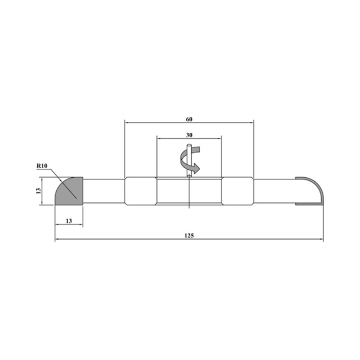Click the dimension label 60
[x=189, y=119]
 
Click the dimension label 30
[x=189, y=135]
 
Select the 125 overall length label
[x=189, y=236]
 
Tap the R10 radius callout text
[x=42, y=165]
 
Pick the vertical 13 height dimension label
[x=38, y=191]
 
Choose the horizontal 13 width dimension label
[x=69, y=221]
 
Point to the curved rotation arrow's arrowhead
[x=196, y=168]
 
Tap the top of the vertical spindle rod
[x=189, y=145]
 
